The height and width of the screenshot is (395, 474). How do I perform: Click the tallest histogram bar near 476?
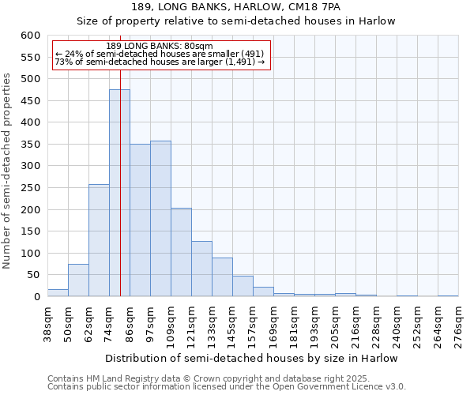coord(119,194)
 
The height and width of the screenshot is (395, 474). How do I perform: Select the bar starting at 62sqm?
coord(99,241)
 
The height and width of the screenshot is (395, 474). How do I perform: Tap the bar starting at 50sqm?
coord(78,280)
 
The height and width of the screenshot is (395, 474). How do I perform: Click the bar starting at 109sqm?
coord(181,253)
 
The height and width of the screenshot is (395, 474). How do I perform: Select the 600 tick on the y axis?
coord(30,36)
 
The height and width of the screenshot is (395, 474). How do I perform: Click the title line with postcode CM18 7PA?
coord(235,7)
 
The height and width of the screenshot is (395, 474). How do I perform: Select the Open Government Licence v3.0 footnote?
coord(227,387)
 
